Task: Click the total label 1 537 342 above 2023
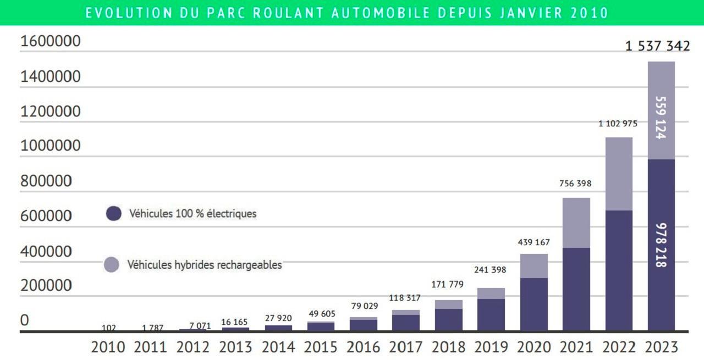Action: (657, 46)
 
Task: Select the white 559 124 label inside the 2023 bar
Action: (661, 118)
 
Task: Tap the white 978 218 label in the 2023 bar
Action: (661, 245)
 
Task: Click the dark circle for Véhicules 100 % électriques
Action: (113, 213)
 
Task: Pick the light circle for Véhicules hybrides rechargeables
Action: (112, 265)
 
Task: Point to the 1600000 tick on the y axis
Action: (50, 41)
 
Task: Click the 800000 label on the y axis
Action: (46, 181)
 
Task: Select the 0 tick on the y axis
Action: (24, 320)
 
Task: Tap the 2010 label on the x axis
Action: (108, 347)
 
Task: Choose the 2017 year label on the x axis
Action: (406, 347)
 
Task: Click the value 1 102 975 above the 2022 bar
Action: (618, 124)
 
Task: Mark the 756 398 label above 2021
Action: (575, 184)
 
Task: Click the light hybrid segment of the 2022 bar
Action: (619, 174)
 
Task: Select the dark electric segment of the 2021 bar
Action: (576, 289)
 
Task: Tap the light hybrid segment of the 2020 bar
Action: (533, 266)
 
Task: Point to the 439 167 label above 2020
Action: (533, 242)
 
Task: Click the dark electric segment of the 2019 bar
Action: (491, 314)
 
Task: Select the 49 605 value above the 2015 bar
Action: (321, 314)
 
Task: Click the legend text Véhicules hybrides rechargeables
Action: (205, 265)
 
